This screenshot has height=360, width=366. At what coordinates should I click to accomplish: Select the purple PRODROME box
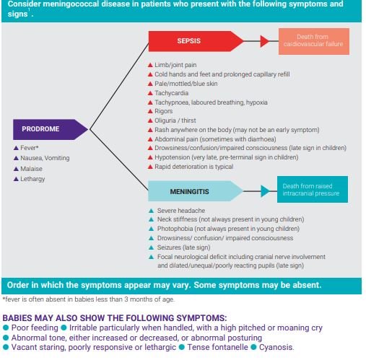point(50,129)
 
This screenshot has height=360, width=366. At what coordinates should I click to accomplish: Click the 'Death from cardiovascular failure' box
point(314,41)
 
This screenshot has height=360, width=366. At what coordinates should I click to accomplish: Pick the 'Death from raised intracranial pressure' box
point(313,189)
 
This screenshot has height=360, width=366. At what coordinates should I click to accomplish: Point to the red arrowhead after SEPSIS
point(264,41)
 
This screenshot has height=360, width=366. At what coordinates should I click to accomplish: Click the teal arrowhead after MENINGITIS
point(265,191)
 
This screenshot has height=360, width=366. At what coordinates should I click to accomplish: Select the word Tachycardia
point(171,93)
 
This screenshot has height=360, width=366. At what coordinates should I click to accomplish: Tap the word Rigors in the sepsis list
point(164,111)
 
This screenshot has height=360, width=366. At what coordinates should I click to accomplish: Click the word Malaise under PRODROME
point(31,169)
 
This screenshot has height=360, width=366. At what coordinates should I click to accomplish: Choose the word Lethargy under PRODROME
point(32,179)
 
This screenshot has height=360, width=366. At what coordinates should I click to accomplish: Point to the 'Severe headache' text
point(181,211)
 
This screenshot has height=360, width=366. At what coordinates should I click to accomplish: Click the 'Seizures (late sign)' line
point(183,247)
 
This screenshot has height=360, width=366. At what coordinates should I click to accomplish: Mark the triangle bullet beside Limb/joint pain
point(150,65)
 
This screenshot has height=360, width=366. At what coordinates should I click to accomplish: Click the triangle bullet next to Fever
point(16,148)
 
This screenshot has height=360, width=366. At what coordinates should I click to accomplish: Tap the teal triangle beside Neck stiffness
point(152,219)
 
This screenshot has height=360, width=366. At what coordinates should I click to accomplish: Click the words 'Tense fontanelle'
point(217,347)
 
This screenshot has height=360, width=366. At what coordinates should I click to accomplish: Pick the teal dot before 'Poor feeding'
point(6,328)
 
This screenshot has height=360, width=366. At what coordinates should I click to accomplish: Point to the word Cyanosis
point(276,347)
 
